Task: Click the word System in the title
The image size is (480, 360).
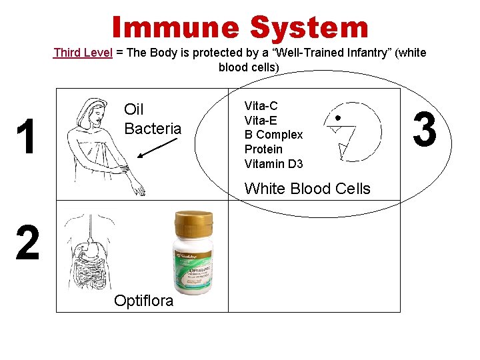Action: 309,27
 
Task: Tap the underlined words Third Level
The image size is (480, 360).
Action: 83,53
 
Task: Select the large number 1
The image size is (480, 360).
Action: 27,138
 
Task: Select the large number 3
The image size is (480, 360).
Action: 425,129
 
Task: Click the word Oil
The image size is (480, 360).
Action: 134,109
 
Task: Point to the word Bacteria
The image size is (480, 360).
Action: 153,129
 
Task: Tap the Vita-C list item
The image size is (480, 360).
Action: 261,105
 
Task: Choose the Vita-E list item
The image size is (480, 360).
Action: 261,120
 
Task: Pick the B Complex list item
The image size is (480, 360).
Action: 273,135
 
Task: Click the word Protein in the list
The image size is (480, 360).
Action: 263,149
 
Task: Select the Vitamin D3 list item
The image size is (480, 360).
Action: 273,164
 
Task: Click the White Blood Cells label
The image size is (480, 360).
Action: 307,189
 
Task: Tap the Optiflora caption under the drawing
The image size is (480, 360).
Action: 143,301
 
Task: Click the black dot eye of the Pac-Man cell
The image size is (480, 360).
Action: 338,117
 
